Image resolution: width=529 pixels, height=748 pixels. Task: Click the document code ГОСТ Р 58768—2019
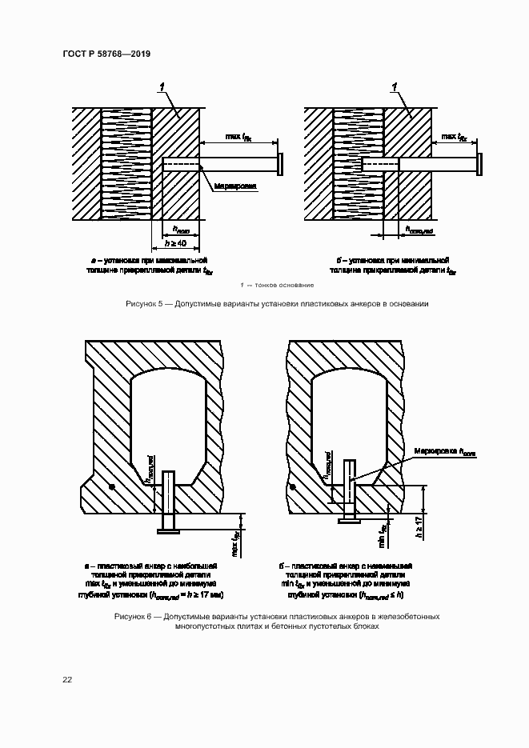pos(106,54)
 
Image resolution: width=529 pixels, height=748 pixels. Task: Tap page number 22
pos(67,679)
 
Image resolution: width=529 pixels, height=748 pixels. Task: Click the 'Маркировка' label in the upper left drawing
pos(235,186)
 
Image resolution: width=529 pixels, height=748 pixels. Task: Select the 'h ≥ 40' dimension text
pos(174,242)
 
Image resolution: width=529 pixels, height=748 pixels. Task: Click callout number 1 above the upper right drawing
pos(394,86)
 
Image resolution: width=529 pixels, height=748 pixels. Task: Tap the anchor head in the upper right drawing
pos(479,164)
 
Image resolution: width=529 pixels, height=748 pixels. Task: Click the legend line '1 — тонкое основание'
pos(276,286)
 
